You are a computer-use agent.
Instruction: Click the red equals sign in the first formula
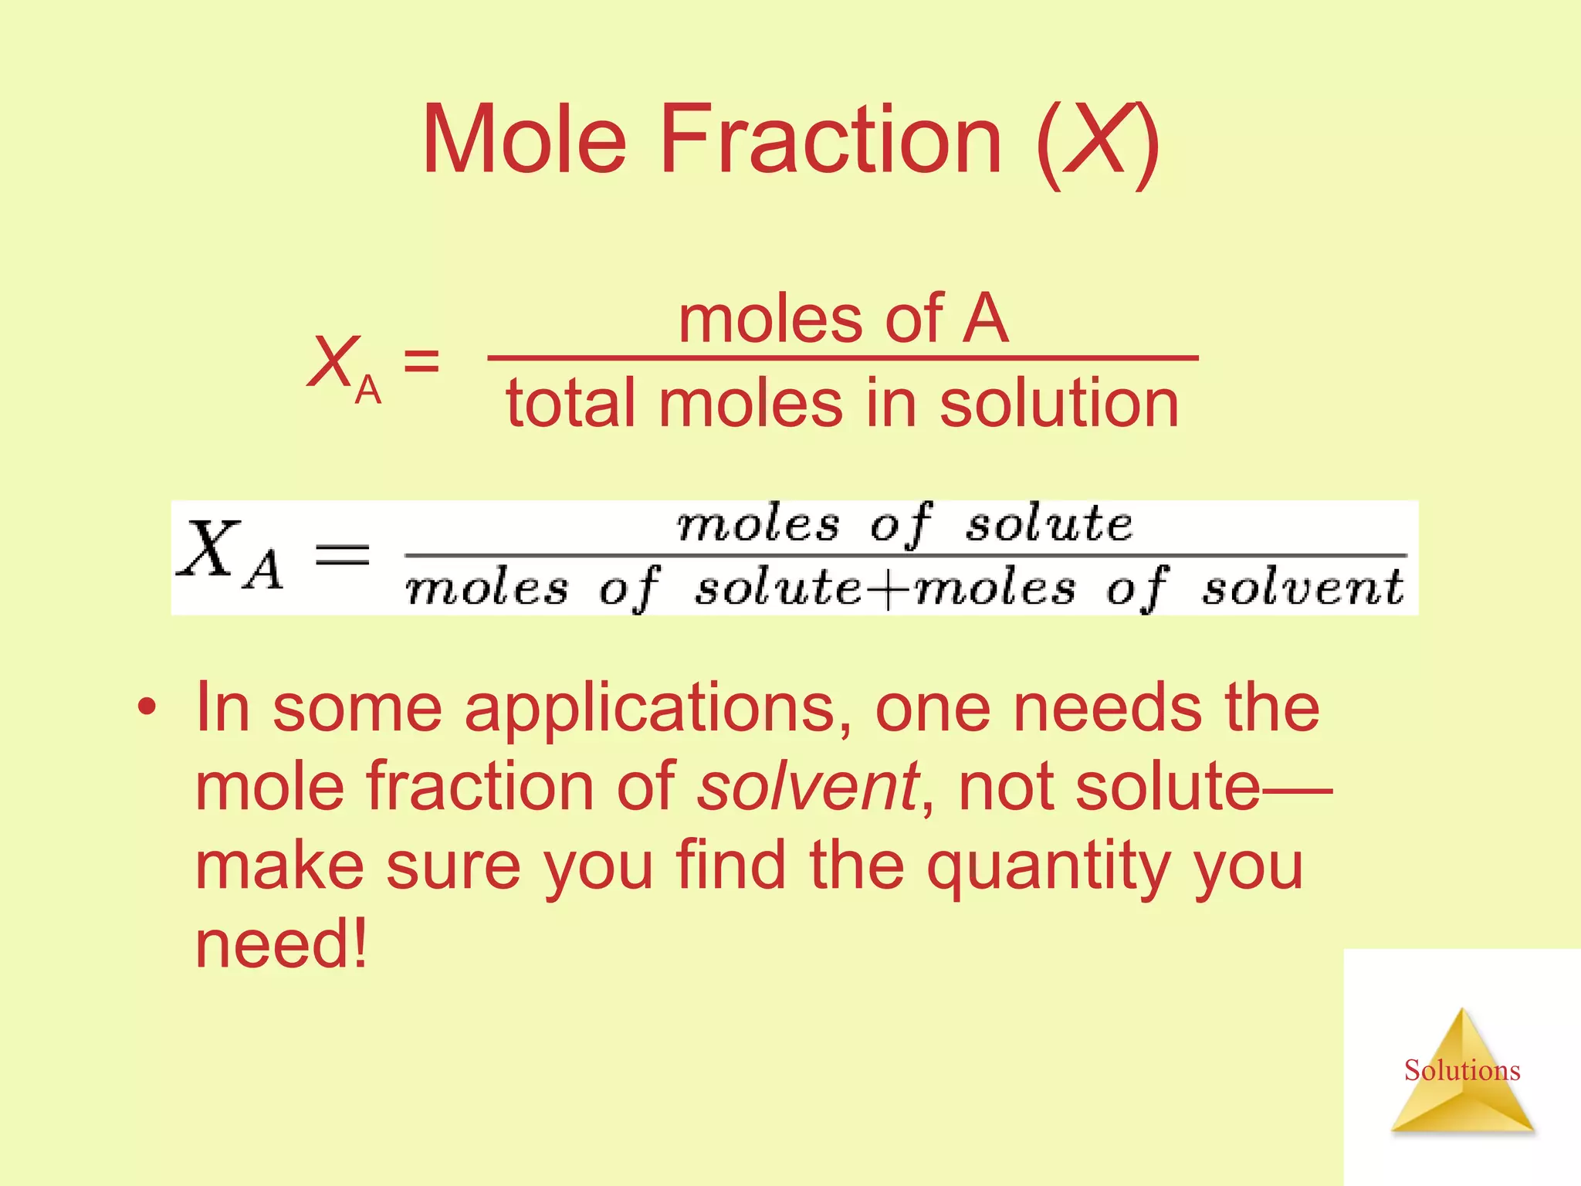(x=421, y=361)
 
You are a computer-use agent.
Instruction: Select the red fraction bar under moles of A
(x=843, y=358)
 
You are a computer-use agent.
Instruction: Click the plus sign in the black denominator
(x=888, y=590)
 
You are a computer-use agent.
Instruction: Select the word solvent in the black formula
(x=1303, y=588)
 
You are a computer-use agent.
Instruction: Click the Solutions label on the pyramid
(x=1461, y=1070)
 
